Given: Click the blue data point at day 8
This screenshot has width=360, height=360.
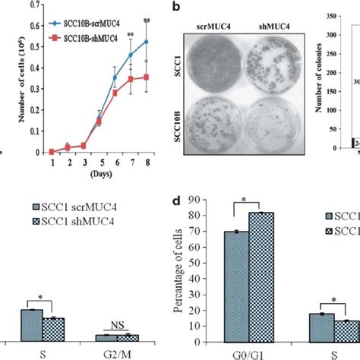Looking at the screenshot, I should [145, 42].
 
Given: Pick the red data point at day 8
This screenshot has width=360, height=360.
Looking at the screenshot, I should [145, 77].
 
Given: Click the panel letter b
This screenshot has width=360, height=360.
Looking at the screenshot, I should [176, 6].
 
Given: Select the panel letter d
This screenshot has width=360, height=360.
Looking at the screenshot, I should [177, 201].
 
